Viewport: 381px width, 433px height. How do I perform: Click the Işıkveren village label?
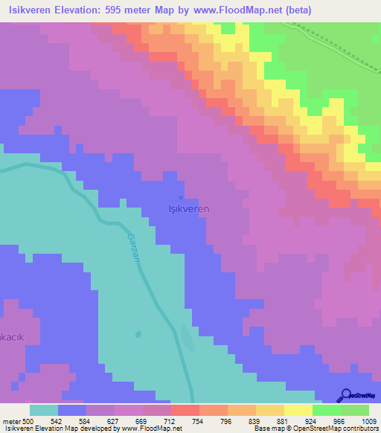click(185, 209)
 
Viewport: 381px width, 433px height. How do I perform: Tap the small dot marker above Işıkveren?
click(182, 198)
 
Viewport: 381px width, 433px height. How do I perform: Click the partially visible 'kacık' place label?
click(13, 337)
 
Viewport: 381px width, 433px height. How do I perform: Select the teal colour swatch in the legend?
click(44, 410)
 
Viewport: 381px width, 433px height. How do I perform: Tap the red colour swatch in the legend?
click(185, 410)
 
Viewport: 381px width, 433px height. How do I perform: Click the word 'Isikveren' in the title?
click(31, 10)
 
